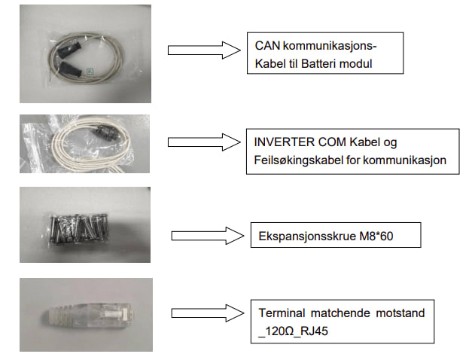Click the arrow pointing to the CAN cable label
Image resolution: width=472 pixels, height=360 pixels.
pos(196,50)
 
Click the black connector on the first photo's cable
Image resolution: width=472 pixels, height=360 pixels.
pos(63,55)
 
